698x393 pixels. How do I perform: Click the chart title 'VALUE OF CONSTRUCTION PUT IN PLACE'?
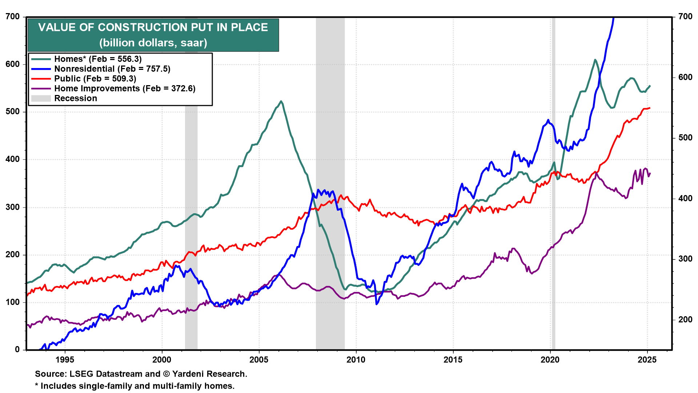click(153, 27)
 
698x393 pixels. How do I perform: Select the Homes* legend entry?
click(98, 59)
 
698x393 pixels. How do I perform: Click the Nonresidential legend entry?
click(112, 69)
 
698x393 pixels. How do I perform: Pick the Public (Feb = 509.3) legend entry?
click(95, 79)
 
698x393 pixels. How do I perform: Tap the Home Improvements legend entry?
click(125, 88)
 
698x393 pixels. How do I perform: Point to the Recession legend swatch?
click(41, 98)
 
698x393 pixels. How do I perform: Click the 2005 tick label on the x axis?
click(259, 360)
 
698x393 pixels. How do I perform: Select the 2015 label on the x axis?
click(453, 360)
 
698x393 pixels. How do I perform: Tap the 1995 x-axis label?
click(65, 360)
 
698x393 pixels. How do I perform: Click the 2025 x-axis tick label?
click(647, 360)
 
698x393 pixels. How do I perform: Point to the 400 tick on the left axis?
click(13, 159)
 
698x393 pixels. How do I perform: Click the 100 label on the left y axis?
click(13, 302)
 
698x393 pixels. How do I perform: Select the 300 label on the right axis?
click(685, 259)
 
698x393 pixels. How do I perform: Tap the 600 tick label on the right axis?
click(685, 77)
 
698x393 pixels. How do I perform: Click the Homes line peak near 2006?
click(281, 101)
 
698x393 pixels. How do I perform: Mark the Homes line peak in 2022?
click(595, 60)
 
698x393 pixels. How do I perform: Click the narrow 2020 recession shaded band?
click(553, 218)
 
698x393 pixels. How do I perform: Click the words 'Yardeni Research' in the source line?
click(209, 374)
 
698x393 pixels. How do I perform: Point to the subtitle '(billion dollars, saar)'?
click(153, 43)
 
